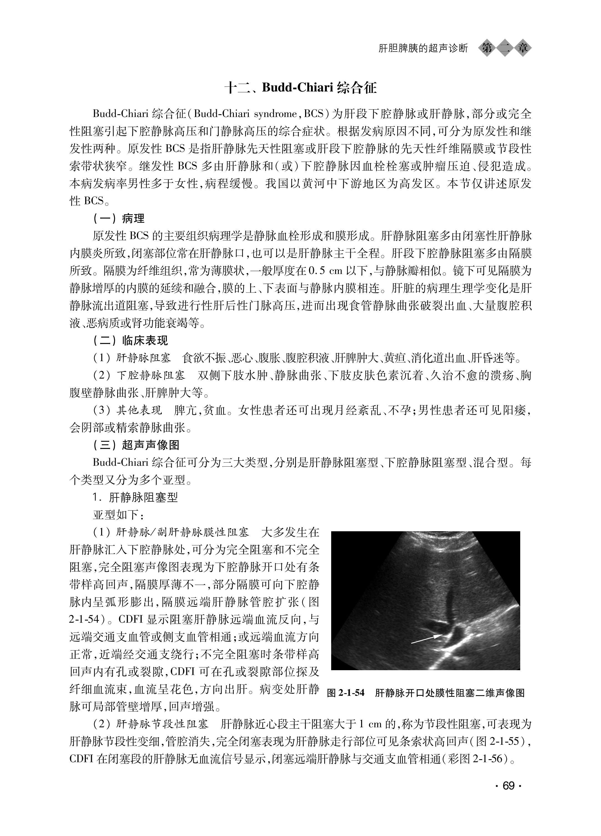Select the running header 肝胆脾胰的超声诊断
pos(423,48)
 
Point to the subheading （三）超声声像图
pos(136,445)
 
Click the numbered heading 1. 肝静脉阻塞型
pos(135,498)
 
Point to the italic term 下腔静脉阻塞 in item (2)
pos(151,375)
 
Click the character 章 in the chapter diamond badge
pos(523,48)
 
